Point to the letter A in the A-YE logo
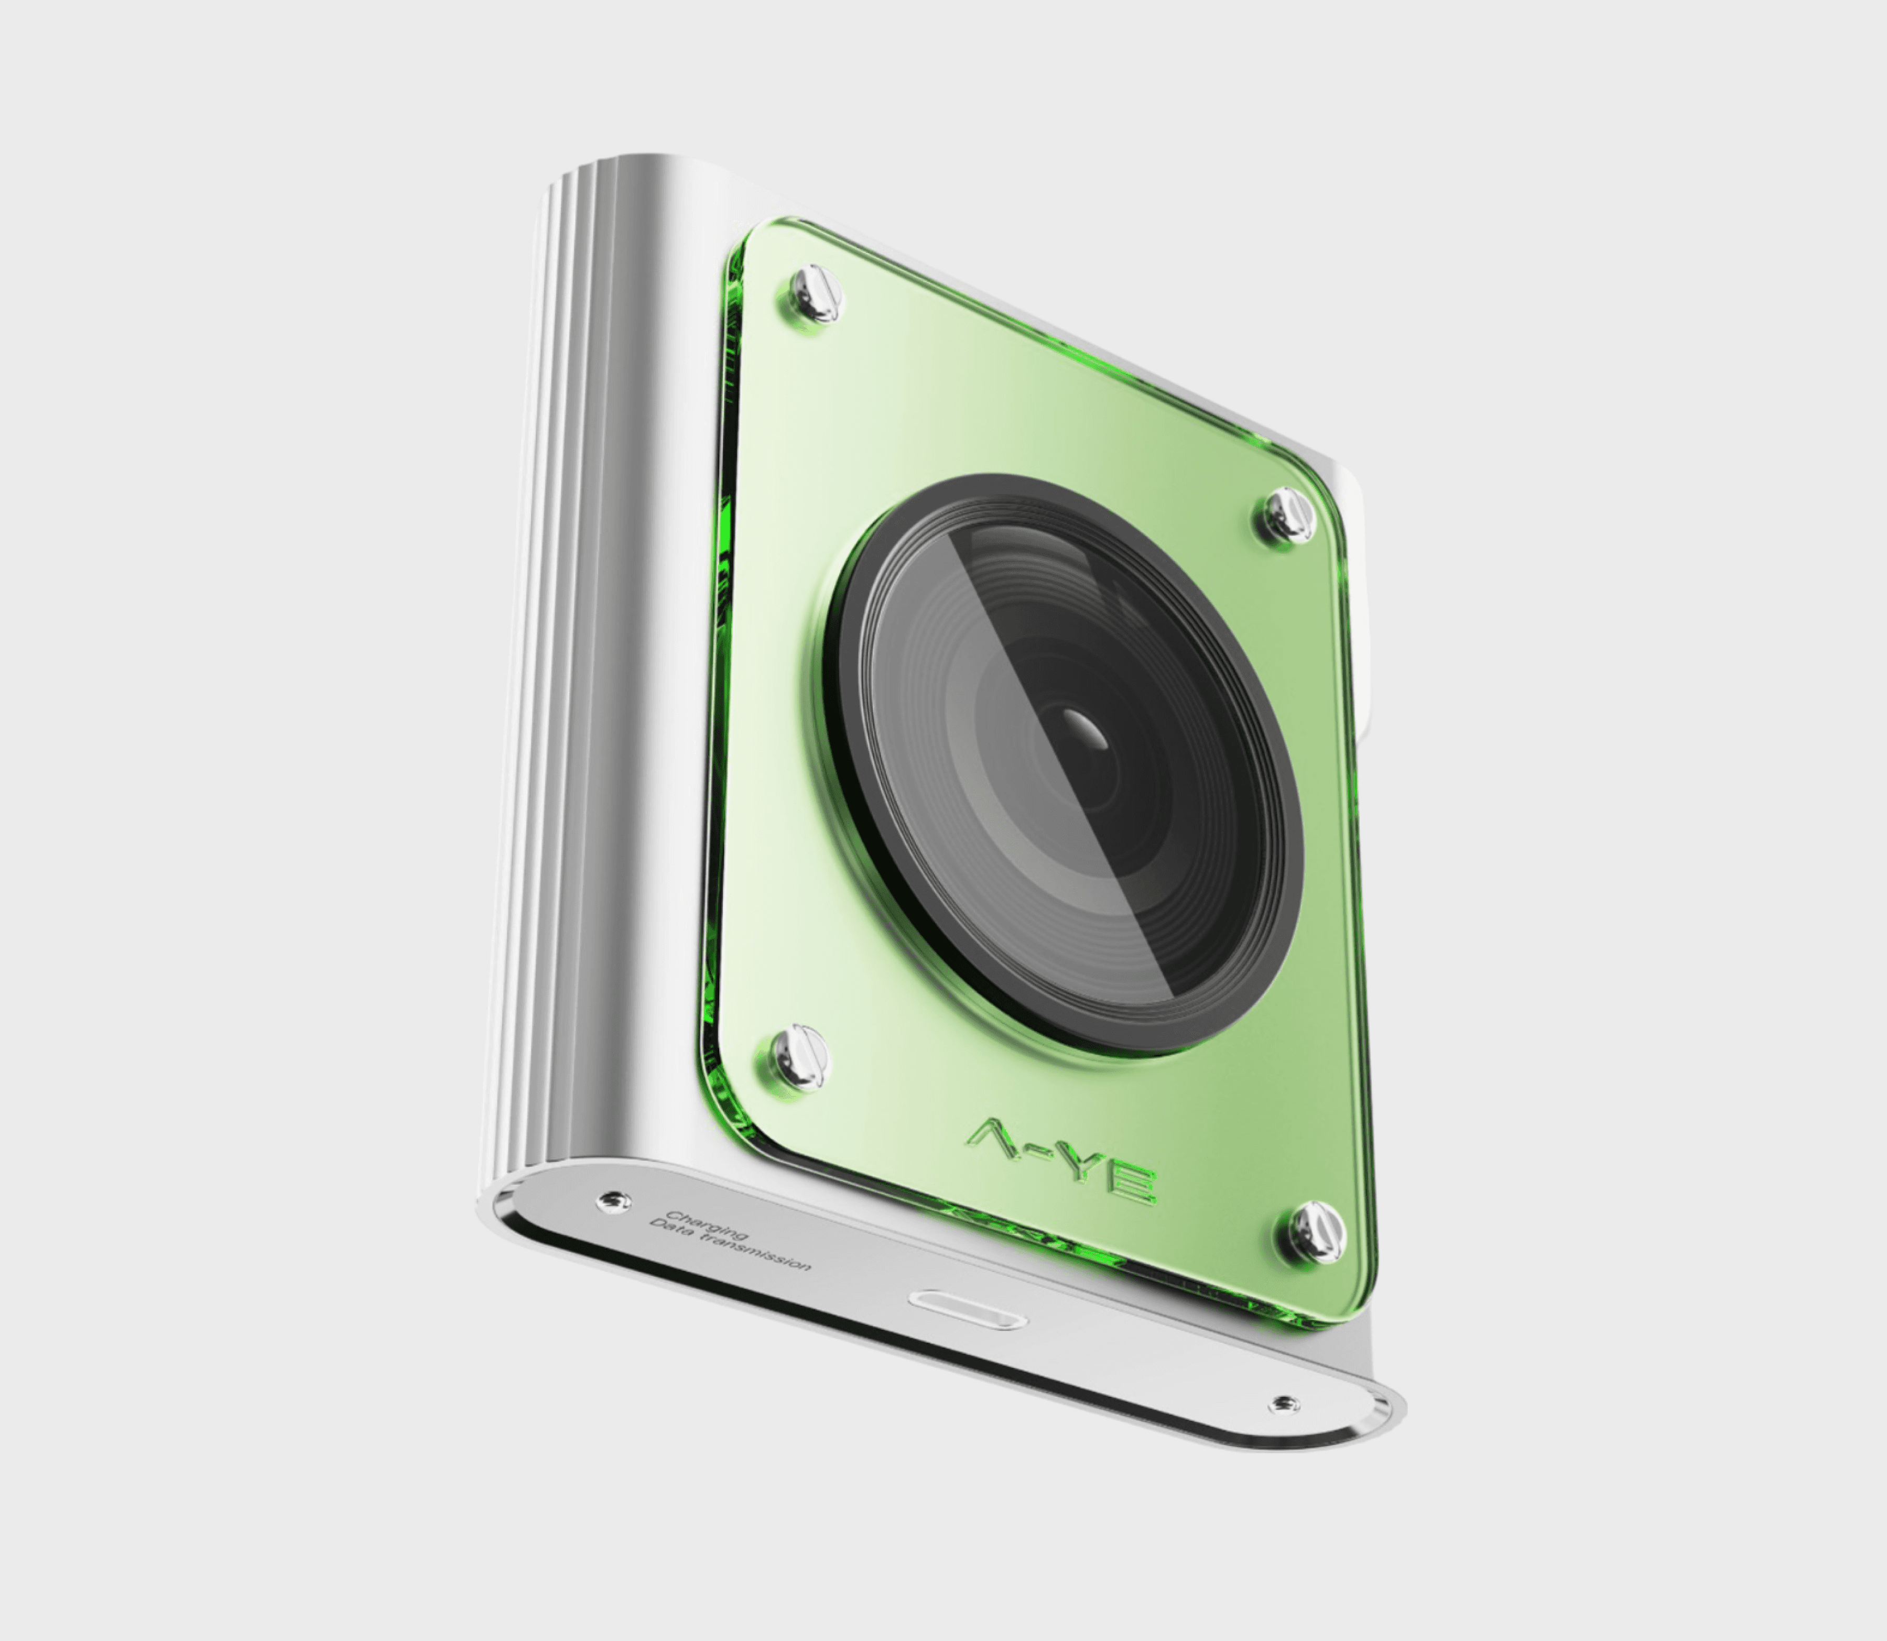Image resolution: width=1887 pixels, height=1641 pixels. [x=996, y=1138]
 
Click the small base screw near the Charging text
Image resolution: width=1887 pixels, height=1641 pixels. [x=613, y=1200]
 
